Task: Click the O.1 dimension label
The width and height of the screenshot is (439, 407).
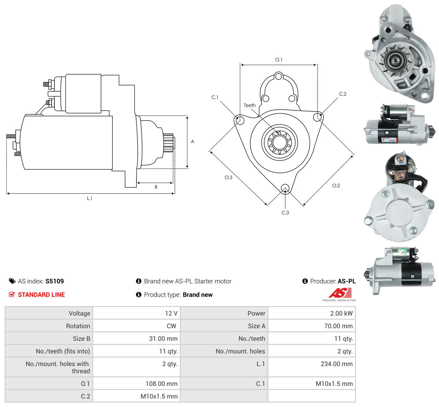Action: (279, 60)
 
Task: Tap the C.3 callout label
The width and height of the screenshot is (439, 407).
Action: (285, 212)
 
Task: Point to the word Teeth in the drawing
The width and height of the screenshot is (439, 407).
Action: (249, 105)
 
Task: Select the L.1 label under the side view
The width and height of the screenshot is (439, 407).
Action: (89, 198)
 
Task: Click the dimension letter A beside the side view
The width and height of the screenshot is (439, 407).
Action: (192, 142)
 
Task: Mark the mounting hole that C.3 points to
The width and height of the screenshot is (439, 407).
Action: (285, 188)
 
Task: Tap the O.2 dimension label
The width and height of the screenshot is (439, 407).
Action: (336, 186)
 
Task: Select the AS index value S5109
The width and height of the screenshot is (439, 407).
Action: (54, 281)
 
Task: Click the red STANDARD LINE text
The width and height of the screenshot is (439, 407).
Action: (41, 295)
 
